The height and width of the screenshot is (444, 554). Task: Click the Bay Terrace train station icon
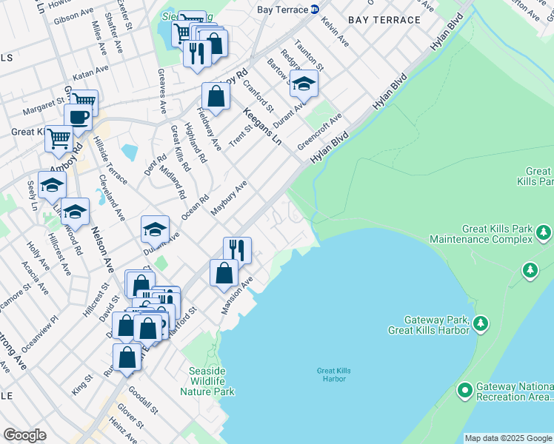(315, 10)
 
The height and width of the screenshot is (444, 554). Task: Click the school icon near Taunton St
(303, 85)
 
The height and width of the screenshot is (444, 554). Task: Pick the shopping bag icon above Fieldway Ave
(216, 96)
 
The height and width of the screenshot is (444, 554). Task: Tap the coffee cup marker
(78, 117)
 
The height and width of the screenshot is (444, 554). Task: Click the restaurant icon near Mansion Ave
(237, 250)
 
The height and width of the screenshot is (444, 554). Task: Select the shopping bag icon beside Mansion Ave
(224, 273)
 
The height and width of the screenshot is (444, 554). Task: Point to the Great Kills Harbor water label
(331, 374)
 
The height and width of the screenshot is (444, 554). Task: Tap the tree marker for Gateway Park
(481, 323)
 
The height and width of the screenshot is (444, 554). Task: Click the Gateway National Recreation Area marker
(465, 389)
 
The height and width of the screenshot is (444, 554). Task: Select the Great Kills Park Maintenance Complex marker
(544, 234)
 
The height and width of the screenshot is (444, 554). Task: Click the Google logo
(24, 435)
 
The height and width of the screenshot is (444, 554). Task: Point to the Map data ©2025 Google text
(507, 438)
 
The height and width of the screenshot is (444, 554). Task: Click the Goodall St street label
(144, 399)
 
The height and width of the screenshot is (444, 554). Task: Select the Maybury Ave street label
(228, 198)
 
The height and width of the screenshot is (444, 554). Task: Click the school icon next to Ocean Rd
(155, 230)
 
